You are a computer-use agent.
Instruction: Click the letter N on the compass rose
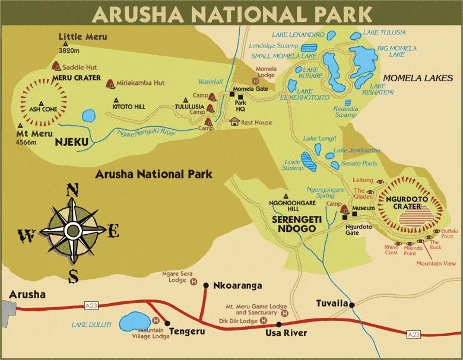coord(72,190)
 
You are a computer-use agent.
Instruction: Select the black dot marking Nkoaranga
coord(205,285)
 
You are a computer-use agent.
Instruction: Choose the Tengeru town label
coord(187,331)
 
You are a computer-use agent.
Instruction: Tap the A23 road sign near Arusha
coord(91,305)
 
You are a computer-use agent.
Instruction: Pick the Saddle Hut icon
coord(57,66)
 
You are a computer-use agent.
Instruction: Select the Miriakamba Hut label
coord(140,83)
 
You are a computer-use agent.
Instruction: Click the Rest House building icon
coord(234,122)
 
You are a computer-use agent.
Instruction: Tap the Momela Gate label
coord(250,89)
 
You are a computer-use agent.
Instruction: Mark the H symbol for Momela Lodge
coord(255,81)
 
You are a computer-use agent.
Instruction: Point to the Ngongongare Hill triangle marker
coord(286,196)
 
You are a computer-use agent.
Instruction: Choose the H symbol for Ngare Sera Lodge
coord(193,281)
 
